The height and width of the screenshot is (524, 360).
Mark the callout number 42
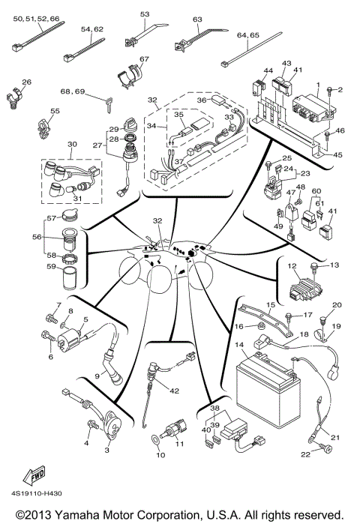[175, 391]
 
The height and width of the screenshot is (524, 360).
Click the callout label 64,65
[248, 35]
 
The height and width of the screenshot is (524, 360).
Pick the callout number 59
[50, 265]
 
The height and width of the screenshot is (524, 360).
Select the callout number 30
[73, 144]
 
